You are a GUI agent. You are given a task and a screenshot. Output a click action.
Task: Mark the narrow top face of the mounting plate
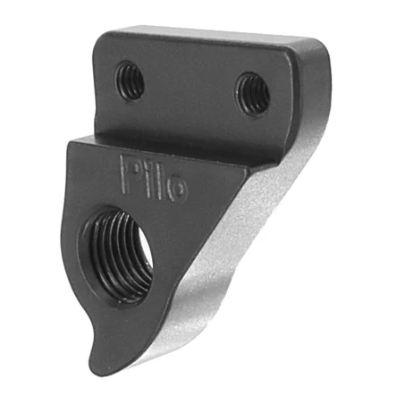215,36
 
